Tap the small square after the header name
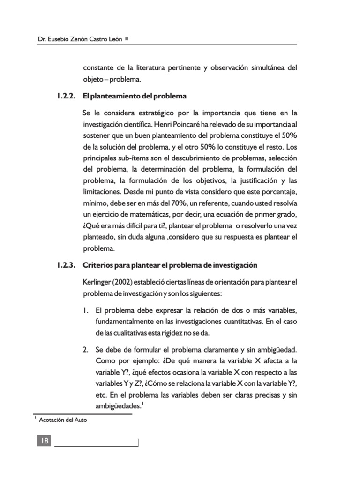click(x=128, y=38)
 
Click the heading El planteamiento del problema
click(x=135, y=96)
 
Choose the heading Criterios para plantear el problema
click(x=170, y=265)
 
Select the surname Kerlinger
click(x=97, y=282)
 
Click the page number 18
click(x=45, y=441)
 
